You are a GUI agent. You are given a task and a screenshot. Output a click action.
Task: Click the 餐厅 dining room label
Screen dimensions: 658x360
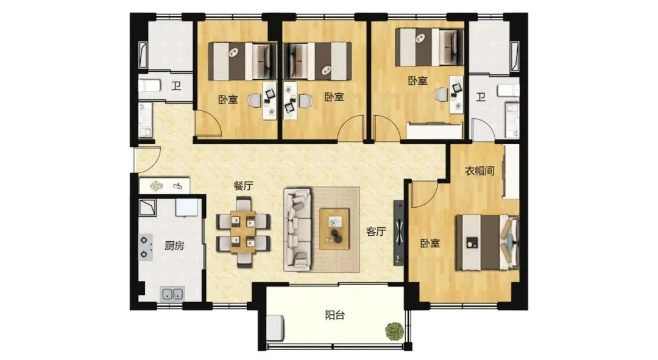click(x=243, y=186)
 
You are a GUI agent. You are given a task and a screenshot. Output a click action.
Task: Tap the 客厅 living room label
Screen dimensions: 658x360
click(x=376, y=231)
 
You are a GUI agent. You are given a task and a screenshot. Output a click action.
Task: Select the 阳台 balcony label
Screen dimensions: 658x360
click(x=335, y=315)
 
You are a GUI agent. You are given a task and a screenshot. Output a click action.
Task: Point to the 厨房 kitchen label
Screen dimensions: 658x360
click(x=174, y=245)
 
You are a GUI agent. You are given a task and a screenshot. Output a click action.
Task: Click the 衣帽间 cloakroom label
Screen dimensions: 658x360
click(x=479, y=171)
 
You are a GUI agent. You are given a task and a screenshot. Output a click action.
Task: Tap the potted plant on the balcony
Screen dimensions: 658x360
click(x=394, y=331)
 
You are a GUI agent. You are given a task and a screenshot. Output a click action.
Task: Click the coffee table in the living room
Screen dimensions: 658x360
click(x=334, y=229)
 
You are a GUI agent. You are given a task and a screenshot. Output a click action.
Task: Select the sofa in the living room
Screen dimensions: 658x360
click(x=297, y=229)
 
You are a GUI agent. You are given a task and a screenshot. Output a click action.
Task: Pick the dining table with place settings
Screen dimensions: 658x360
click(x=243, y=232)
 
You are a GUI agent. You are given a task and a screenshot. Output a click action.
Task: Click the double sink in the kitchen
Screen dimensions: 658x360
click(x=172, y=294)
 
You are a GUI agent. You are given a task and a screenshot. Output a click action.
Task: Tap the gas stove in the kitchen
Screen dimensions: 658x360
click(x=145, y=247)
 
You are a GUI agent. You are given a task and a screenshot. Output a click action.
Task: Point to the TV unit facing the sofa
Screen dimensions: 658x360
click(x=398, y=233)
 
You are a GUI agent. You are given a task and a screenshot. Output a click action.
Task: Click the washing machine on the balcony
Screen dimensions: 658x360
click(x=275, y=327)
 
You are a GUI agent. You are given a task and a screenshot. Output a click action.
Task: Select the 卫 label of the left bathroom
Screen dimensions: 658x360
click(x=176, y=86)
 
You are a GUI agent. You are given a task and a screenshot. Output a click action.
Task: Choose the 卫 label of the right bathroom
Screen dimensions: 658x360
click(x=481, y=97)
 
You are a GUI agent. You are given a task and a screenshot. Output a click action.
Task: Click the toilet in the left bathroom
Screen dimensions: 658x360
click(x=149, y=86)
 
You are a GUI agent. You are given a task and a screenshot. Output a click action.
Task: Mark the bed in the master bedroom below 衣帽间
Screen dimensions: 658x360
click(x=487, y=242)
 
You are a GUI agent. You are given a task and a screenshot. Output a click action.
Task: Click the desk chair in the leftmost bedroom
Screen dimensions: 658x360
click(x=255, y=101)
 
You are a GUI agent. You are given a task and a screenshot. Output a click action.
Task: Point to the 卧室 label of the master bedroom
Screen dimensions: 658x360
click(x=430, y=243)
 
